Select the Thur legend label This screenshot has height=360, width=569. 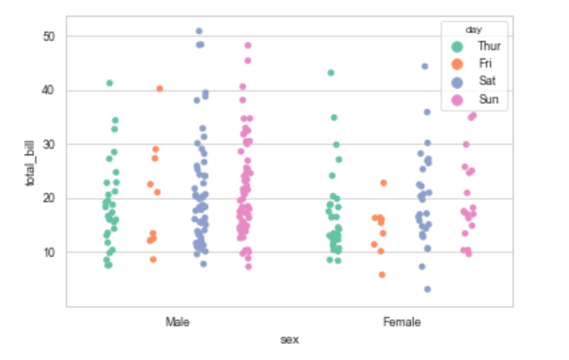point(488,45)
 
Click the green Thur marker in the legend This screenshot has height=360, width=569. point(457,45)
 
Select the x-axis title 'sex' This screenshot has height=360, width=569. point(289,339)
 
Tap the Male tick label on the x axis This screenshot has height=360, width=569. point(178,321)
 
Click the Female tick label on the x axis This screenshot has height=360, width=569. point(401,321)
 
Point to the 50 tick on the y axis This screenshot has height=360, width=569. point(47,36)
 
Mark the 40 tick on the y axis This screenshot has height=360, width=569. point(47,90)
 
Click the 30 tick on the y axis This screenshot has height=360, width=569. point(47,144)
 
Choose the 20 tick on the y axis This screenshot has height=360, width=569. point(47,198)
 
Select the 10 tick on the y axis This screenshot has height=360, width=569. point(47,252)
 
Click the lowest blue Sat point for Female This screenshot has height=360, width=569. point(428,289)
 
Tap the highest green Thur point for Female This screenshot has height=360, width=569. point(331,73)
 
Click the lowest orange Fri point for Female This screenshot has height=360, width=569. point(382,275)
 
